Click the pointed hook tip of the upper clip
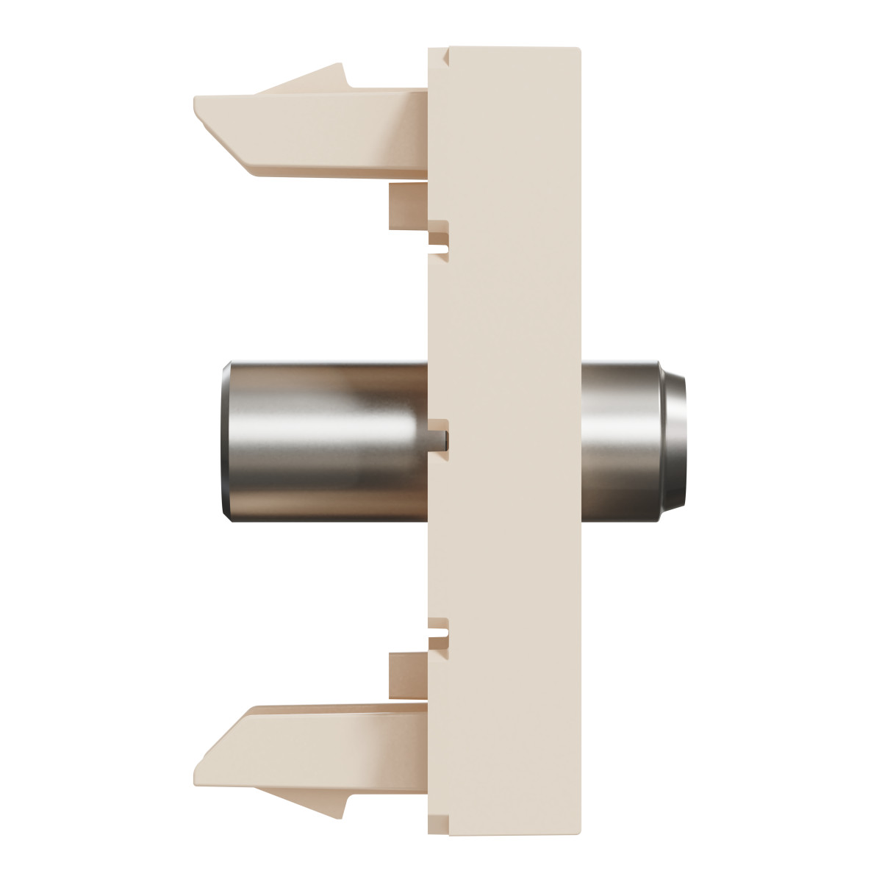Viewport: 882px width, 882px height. point(340,68)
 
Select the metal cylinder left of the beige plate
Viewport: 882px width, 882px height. point(323,440)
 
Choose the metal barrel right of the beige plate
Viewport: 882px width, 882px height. point(625,440)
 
